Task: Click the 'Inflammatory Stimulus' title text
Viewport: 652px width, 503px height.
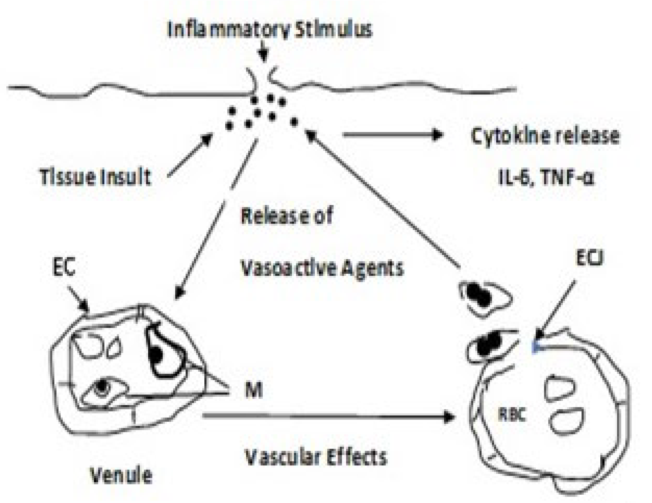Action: tap(270, 29)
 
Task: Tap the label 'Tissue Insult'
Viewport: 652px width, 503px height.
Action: tap(95, 177)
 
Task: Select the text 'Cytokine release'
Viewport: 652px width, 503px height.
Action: tap(545, 136)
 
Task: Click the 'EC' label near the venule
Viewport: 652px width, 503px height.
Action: tap(63, 266)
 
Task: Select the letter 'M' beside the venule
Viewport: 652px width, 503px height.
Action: tap(253, 390)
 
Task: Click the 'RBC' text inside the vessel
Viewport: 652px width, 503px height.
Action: tap(511, 415)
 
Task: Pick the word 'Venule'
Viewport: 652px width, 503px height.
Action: tap(121, 475)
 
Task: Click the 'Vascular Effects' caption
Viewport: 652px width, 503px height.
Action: tap(316, 457)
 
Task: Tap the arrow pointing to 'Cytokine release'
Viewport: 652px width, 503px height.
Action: tap(393, 134)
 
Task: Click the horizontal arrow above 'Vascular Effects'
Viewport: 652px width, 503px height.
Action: tap(328, 416)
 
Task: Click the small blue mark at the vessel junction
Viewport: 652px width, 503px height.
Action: tap(535, 347)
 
